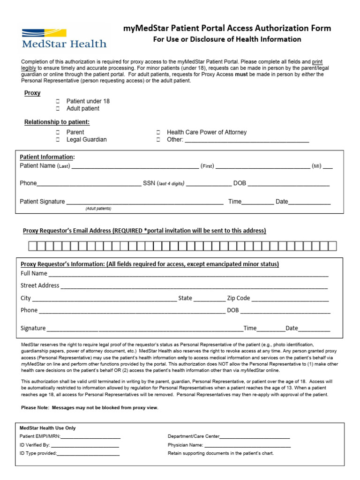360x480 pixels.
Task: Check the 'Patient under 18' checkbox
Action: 58,101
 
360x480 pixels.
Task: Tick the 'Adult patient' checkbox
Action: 58,109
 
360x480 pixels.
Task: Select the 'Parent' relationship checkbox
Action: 58,132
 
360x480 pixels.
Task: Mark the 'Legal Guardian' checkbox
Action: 58,140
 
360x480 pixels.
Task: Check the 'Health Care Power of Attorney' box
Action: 158,132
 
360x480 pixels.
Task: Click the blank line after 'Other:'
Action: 247,140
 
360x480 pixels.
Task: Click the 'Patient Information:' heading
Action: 47,157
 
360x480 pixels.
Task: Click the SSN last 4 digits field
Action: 209,184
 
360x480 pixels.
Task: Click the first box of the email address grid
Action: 32,246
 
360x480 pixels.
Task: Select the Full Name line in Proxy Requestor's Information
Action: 187,274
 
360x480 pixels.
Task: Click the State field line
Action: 209,299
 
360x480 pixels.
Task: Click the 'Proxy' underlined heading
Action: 32,93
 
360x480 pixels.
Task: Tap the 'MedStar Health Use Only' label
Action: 47,428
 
